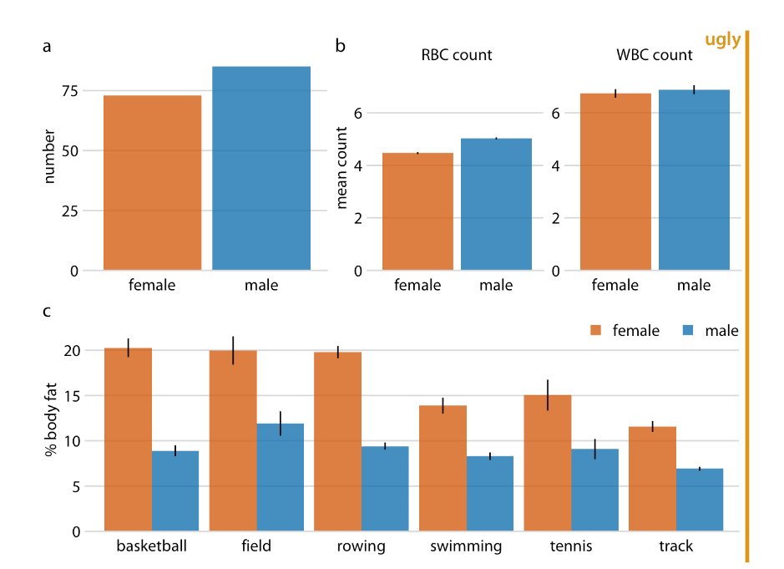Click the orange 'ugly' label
pyautogui.click(x=722, y=39)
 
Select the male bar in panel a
pyautogui.click(x=261, y=168)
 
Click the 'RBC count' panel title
pyautogui.click(x=456, y=56)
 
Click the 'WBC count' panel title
pyautogui.click(x=654, y=56)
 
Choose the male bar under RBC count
pyautogui.click(x=496, y=204)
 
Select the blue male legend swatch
pyautogui.click(x=690, y=331)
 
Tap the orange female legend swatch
pyautogui.click(x=596, y=331)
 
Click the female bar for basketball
pyautogui.click(x=128, y=439)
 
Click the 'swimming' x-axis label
pyautogui.click(x=466, y=547)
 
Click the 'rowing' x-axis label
pyautogui.click(x=362, y=547)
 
